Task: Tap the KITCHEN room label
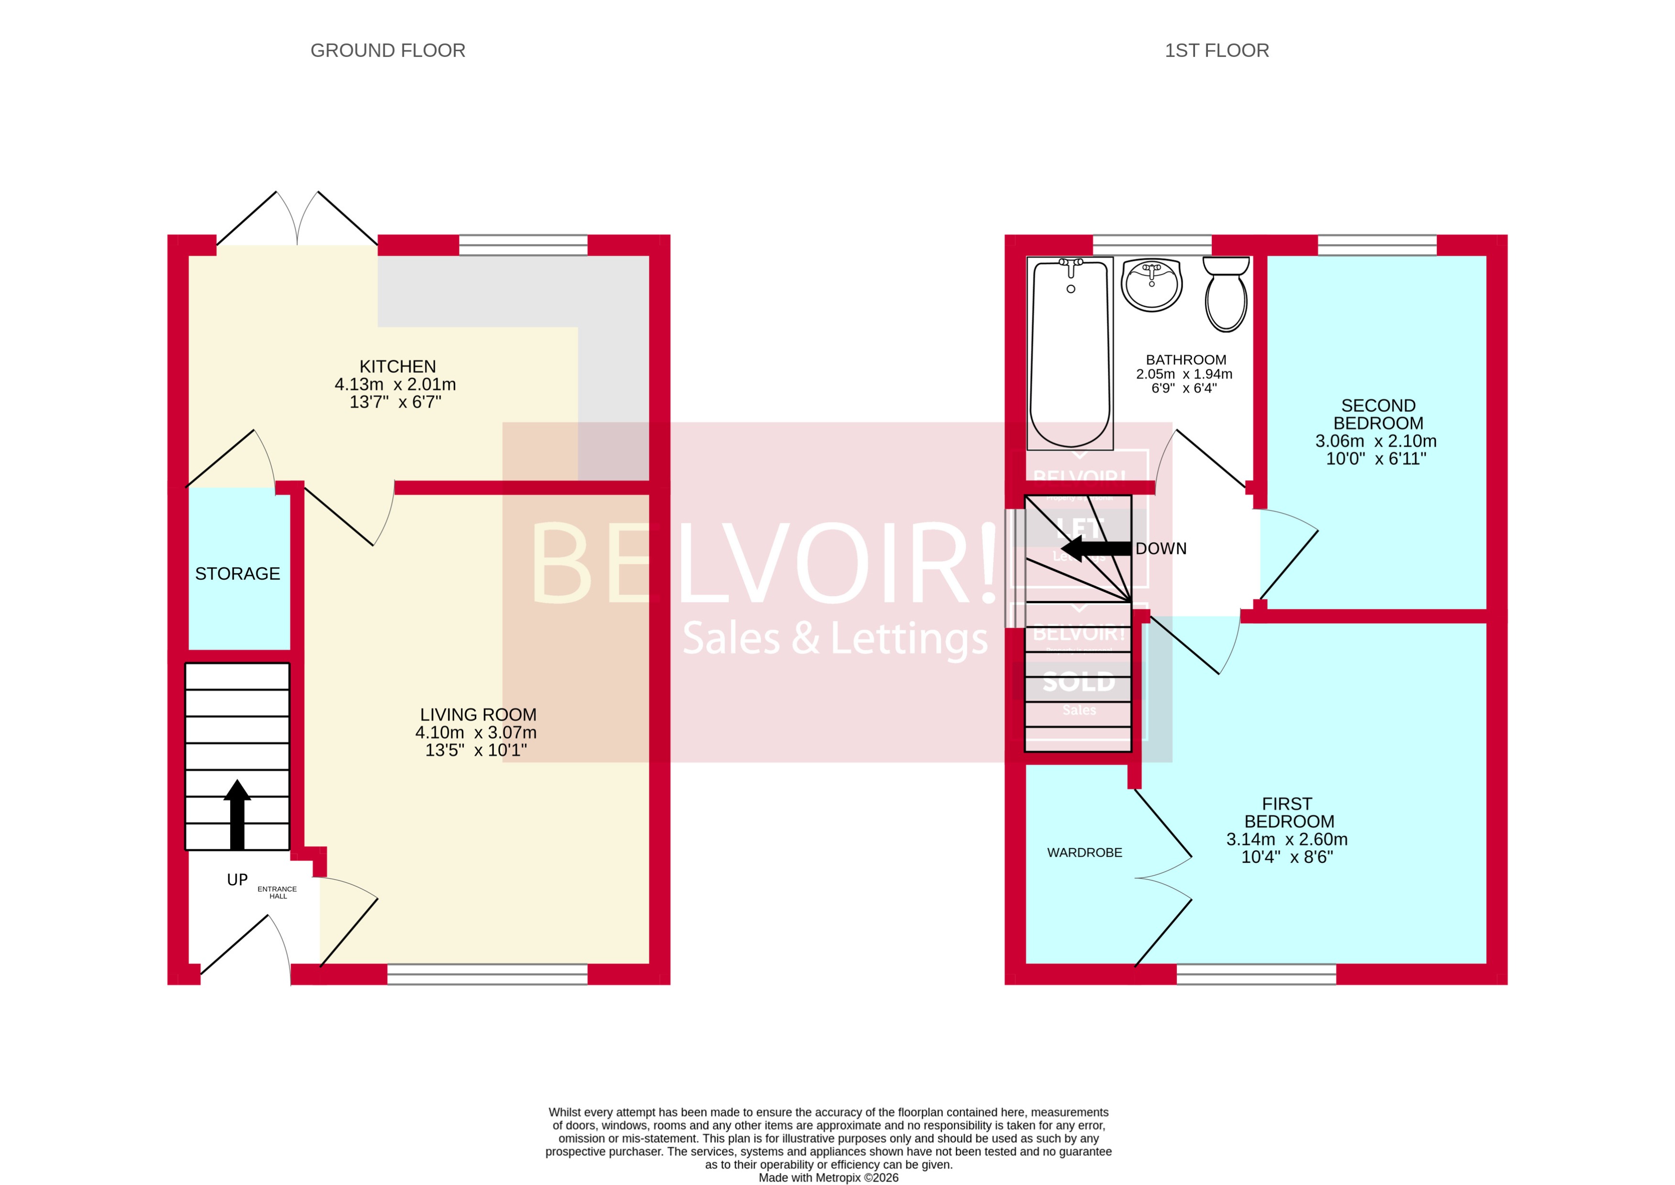point(398,366)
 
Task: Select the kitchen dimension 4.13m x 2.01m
point(395,384)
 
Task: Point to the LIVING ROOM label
point(478,714)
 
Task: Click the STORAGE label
point(237,574)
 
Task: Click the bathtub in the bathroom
point(1070,354)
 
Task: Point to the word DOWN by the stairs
point(1161,549)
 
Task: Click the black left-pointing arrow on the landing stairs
point(1094,549)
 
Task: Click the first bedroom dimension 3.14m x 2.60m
point(1286,839)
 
